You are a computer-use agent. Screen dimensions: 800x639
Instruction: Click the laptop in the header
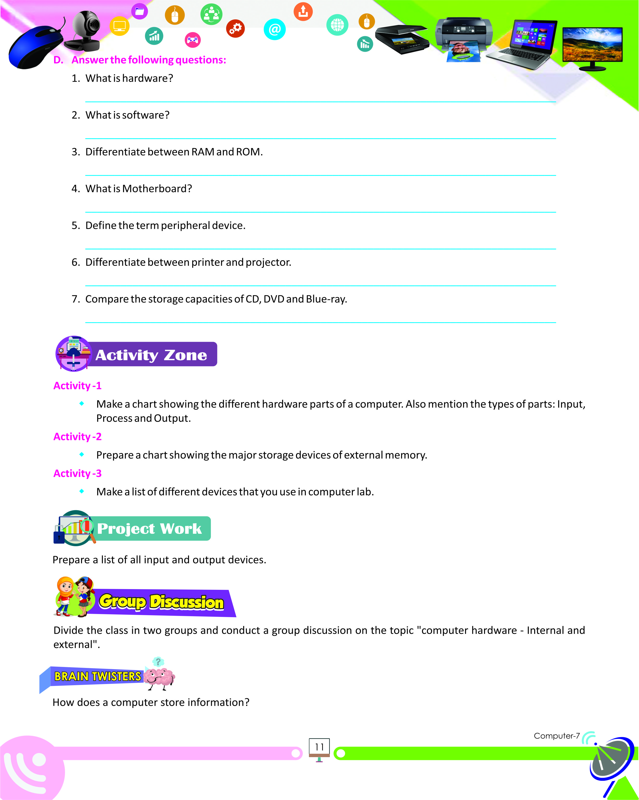pos(524,44)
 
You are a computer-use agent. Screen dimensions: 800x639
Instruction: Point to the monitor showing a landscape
pos(592,46)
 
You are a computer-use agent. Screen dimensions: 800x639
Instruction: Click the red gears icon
pos(235,28)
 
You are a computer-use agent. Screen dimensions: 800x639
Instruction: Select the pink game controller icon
pos(192,40)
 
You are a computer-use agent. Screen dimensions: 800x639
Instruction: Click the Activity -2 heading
pos(77,437)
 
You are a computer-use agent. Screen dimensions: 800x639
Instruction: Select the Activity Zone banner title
pos(151,355)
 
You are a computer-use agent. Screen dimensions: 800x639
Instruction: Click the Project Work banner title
pos(149,528)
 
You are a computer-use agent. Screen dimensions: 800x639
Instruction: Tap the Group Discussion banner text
pos(161,602)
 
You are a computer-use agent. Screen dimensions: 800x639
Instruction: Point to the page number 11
pos(319,747)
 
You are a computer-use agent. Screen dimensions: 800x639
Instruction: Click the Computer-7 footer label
pos(556,736)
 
